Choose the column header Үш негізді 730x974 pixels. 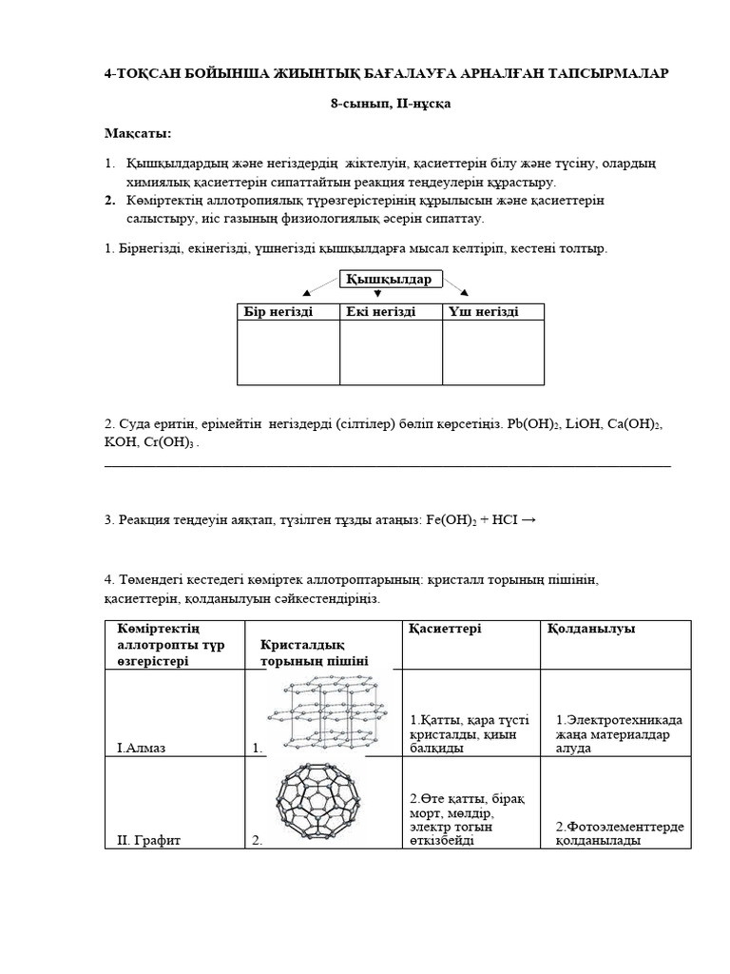pos(483,312)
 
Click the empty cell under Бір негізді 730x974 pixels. pos(288,352)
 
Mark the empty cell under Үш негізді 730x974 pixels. pos(493,352)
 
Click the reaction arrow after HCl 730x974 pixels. pos(529,519)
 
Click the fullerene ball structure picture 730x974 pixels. pos(322,801)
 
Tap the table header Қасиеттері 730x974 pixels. pos(445,630)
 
